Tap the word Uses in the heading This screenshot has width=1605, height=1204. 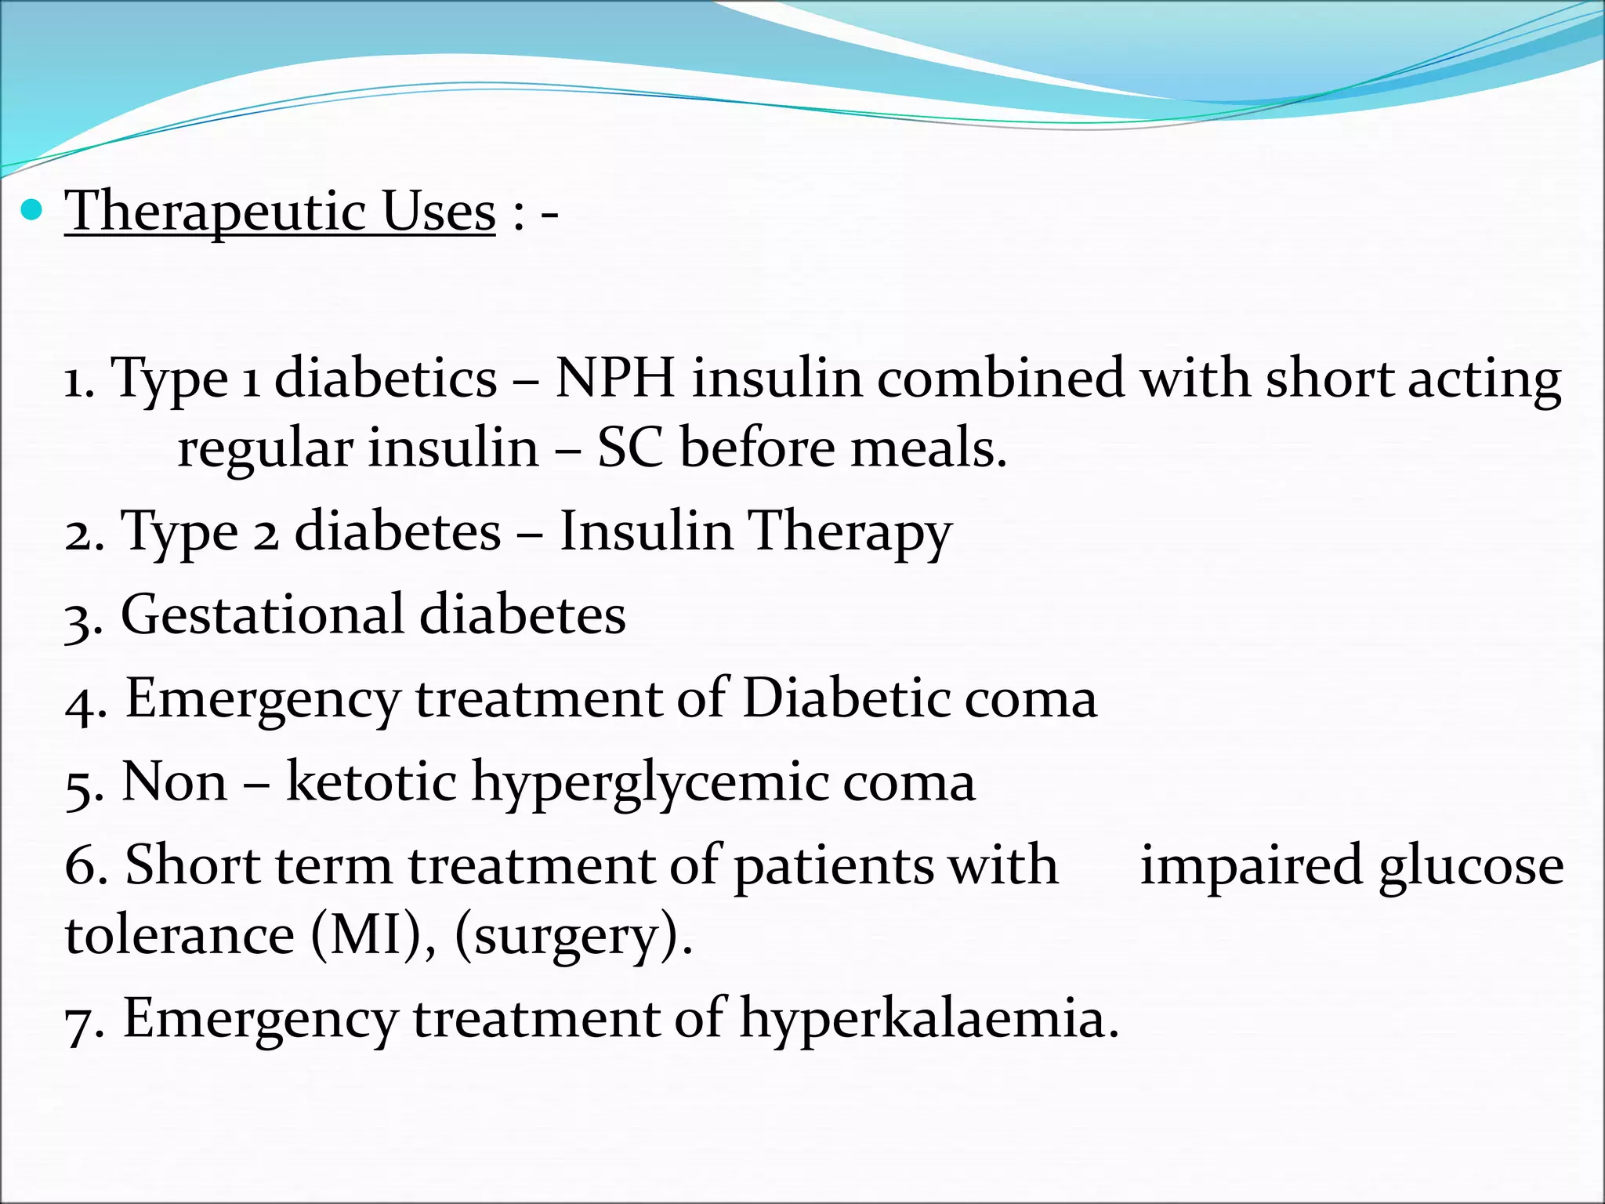coord(439,212)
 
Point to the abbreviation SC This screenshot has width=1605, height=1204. coord(630,449)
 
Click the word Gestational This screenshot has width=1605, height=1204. coord(263,615)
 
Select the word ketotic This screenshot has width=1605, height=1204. coord(371,782)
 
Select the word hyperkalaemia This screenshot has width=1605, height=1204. coord(929,1019)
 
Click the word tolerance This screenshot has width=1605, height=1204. coord(179,935)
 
